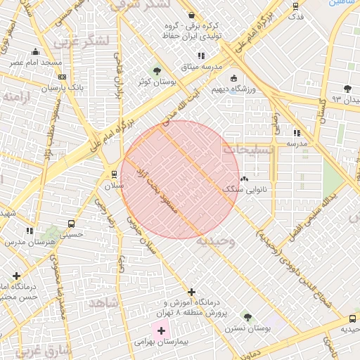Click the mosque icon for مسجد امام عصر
tap(35, 52)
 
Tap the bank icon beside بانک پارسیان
tap(63, 77)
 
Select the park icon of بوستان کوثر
tap(156, 71)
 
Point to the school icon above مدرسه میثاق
tap(201, 56)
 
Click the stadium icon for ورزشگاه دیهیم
tap(233, 79)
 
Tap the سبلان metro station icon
tap(114, 174)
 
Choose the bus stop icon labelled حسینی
tap(71, 224)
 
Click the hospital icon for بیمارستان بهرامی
tap(161, 330)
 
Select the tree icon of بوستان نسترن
tap(247, 316)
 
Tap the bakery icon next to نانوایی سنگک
tap(244, 179)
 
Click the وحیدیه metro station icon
tap(352, 319)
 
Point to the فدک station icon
tap(295, 6)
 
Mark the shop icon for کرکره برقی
tap(191, 15)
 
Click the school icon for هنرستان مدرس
tap(30, 231)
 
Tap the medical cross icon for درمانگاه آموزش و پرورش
tap(191, 292)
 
